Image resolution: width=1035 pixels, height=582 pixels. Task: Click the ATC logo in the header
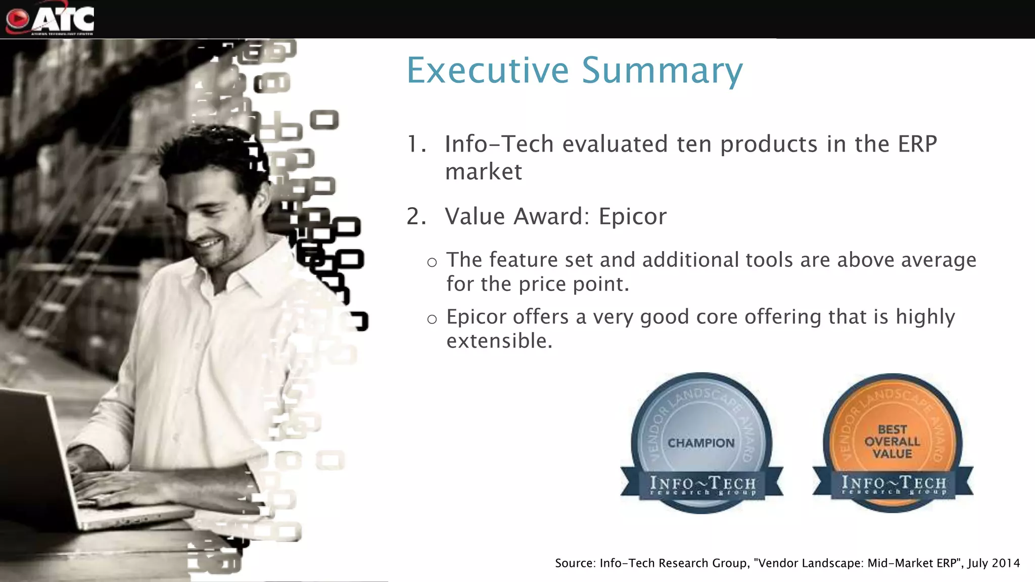coord(51,19)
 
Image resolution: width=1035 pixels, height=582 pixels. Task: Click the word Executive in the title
coord(488,70)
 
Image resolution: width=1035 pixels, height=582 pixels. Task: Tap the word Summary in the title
coord(662,70)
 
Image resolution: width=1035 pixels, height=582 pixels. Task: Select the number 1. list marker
coord(416,144)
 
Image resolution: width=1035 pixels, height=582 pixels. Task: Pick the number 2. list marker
coord(416,217)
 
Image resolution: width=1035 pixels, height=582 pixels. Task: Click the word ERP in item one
coord(917,144)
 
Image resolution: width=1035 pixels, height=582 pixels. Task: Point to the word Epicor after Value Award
coord(632,217)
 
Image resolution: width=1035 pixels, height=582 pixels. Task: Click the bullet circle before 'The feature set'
coord(432,262)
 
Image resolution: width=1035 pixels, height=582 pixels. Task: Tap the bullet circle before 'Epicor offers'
coord(432,319)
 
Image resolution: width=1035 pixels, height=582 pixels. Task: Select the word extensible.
coord(499,341)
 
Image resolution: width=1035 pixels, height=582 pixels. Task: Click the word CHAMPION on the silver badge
coord(701,443)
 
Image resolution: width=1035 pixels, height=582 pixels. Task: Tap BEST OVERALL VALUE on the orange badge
coord(892,442)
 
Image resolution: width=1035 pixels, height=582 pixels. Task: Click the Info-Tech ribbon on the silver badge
coord(702,485)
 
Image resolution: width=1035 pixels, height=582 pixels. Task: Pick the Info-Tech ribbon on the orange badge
coord(893,484)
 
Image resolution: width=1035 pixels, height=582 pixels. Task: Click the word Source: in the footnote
coord(575,563)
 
